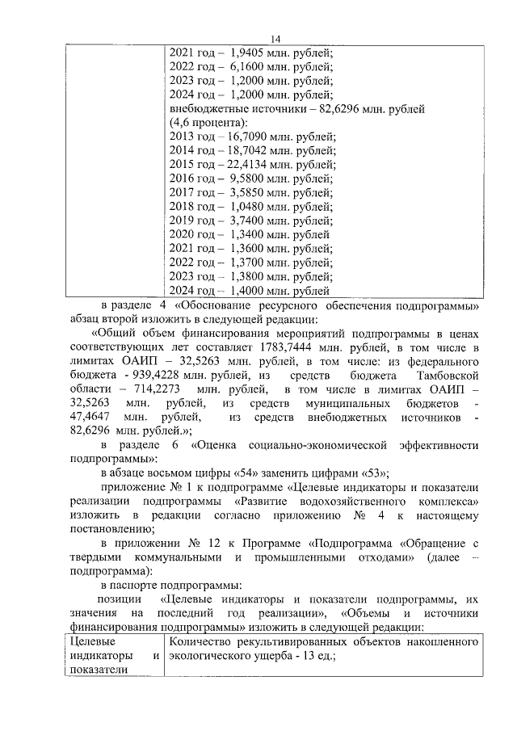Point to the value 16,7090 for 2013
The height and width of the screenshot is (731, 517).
(250, 137)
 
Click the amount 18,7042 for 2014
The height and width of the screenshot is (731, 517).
(250, 150)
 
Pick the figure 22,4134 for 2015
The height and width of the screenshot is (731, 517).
(250, 164)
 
